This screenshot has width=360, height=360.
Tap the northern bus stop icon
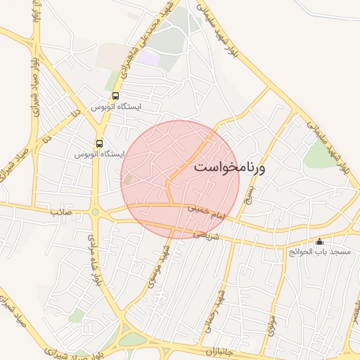pyautogui.click(x=115, y=96)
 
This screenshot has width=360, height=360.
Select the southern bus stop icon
pyautogui.click(x=100, y=143)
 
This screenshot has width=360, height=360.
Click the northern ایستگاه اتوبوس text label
pyautogui.click(x=116, y=107)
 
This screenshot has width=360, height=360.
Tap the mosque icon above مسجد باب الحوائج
pyautogui.click(x=320, y=240)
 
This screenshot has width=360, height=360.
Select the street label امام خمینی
pyautogui.click(x=204, y=209)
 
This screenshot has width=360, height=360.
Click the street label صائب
pyautogui.click(x=60, y=212)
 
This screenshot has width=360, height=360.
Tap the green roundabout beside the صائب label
pyautogui.click(x=95, y=212)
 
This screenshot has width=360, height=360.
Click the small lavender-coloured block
pyautogui.click(x=148, y=58)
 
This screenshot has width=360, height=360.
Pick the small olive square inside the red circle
pyautogui.click(x=127, y=180)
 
